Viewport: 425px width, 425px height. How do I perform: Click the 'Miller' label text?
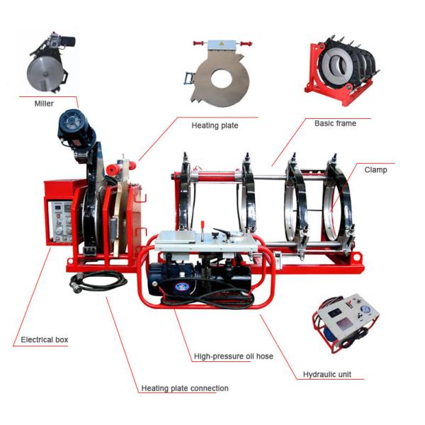click(x=44, y=103)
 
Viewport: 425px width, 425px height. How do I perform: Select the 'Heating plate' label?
click(x=215, y=125)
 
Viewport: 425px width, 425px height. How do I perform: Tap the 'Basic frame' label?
click(x=335, y=123)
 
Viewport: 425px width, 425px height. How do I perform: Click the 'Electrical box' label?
click(x=45, y=340)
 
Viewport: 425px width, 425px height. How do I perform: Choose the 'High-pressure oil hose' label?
click(x=233, y=356)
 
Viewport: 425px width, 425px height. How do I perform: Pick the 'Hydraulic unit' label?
click(x=327, y=374)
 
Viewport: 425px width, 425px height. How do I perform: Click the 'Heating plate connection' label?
click(x=185, y=388)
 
